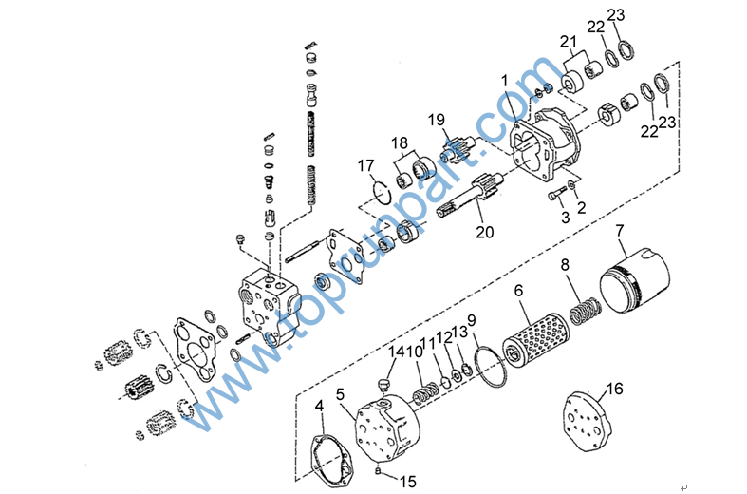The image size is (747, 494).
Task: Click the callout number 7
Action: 619,231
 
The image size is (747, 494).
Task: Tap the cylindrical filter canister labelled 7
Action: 635,281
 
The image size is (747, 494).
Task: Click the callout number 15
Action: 408,482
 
